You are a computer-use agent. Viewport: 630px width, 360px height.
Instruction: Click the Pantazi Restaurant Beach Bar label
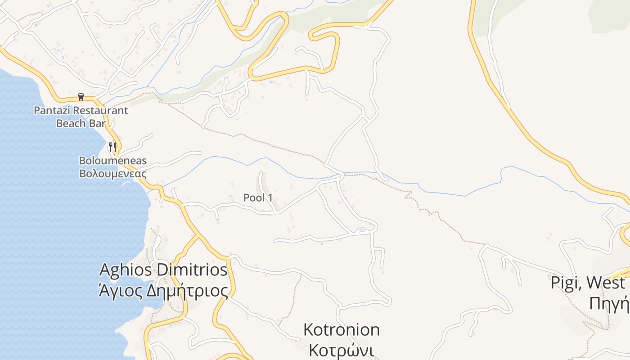(x=81, y=117)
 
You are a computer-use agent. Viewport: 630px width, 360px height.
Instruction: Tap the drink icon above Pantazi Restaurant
(x=81, y=97)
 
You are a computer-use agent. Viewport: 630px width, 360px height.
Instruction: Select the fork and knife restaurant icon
(x=112, y=146)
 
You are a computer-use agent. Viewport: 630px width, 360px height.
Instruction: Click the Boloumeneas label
(x=112, y=161)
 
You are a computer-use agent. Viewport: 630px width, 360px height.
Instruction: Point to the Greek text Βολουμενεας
(x=112, y=173)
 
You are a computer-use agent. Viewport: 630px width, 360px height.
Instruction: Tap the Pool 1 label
(x=258, y=198)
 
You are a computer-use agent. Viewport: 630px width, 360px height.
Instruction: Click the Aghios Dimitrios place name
(x=163, y=270)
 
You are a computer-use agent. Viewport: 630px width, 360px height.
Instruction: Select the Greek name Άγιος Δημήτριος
(x=163, y=291)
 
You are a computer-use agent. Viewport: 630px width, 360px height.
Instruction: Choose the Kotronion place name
(x=342, y=329)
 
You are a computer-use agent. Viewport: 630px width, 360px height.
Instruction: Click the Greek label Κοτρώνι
(x=338, y=350)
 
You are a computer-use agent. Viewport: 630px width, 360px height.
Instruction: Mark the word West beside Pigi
(x=606, y=283)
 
